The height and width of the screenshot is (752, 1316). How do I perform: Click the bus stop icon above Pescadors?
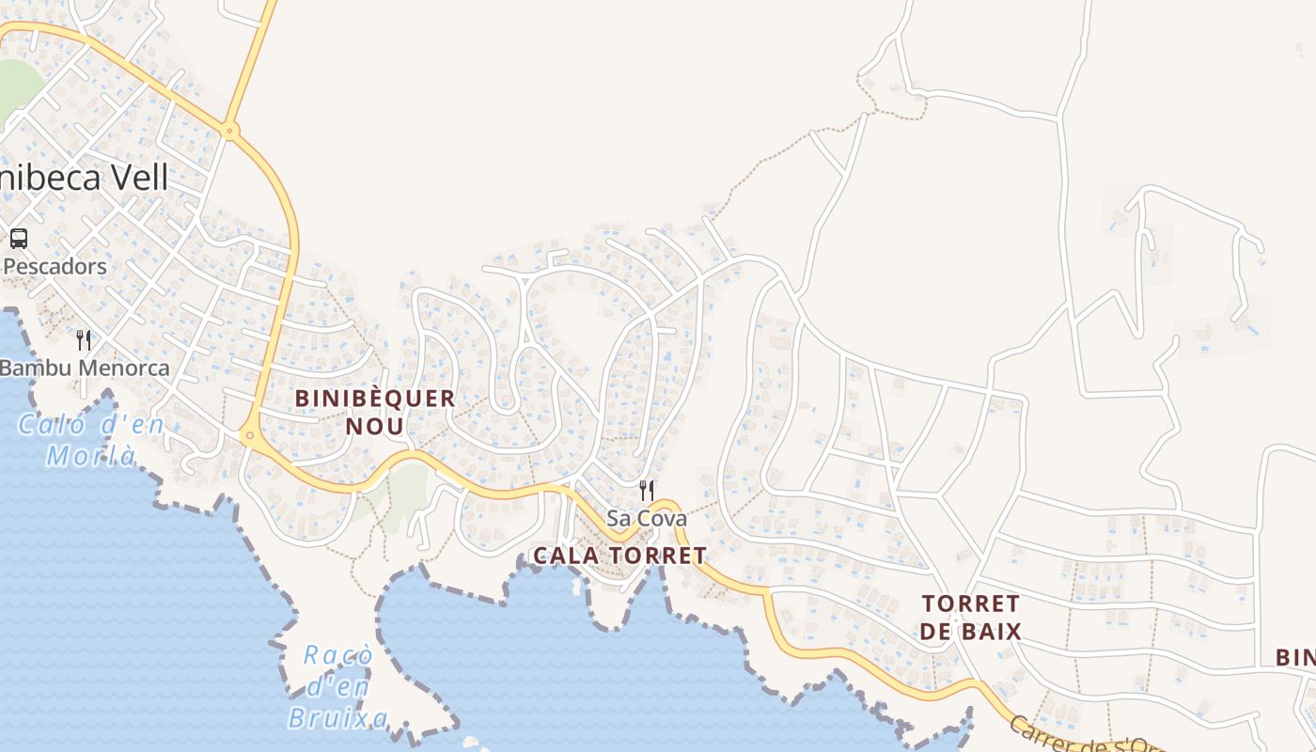19,239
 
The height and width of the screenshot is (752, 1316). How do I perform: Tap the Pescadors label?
55,266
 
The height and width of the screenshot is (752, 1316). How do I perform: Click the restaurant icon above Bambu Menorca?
84,339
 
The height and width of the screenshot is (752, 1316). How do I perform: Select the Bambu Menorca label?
85,368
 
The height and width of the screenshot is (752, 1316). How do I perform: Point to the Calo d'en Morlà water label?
91,440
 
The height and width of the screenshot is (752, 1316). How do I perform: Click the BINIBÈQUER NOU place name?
375,412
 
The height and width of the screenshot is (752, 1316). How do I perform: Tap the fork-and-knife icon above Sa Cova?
647,490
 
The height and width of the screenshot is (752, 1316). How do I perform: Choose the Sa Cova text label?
647,518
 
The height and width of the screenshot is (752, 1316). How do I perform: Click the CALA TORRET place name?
619,556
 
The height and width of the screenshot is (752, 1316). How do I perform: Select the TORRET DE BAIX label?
971,617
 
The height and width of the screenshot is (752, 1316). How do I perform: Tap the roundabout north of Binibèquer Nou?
230,130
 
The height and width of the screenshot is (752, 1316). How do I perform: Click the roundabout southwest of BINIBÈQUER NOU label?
249,434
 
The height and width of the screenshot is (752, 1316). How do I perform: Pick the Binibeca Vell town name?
85,178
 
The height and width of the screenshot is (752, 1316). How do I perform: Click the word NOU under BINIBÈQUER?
375,427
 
